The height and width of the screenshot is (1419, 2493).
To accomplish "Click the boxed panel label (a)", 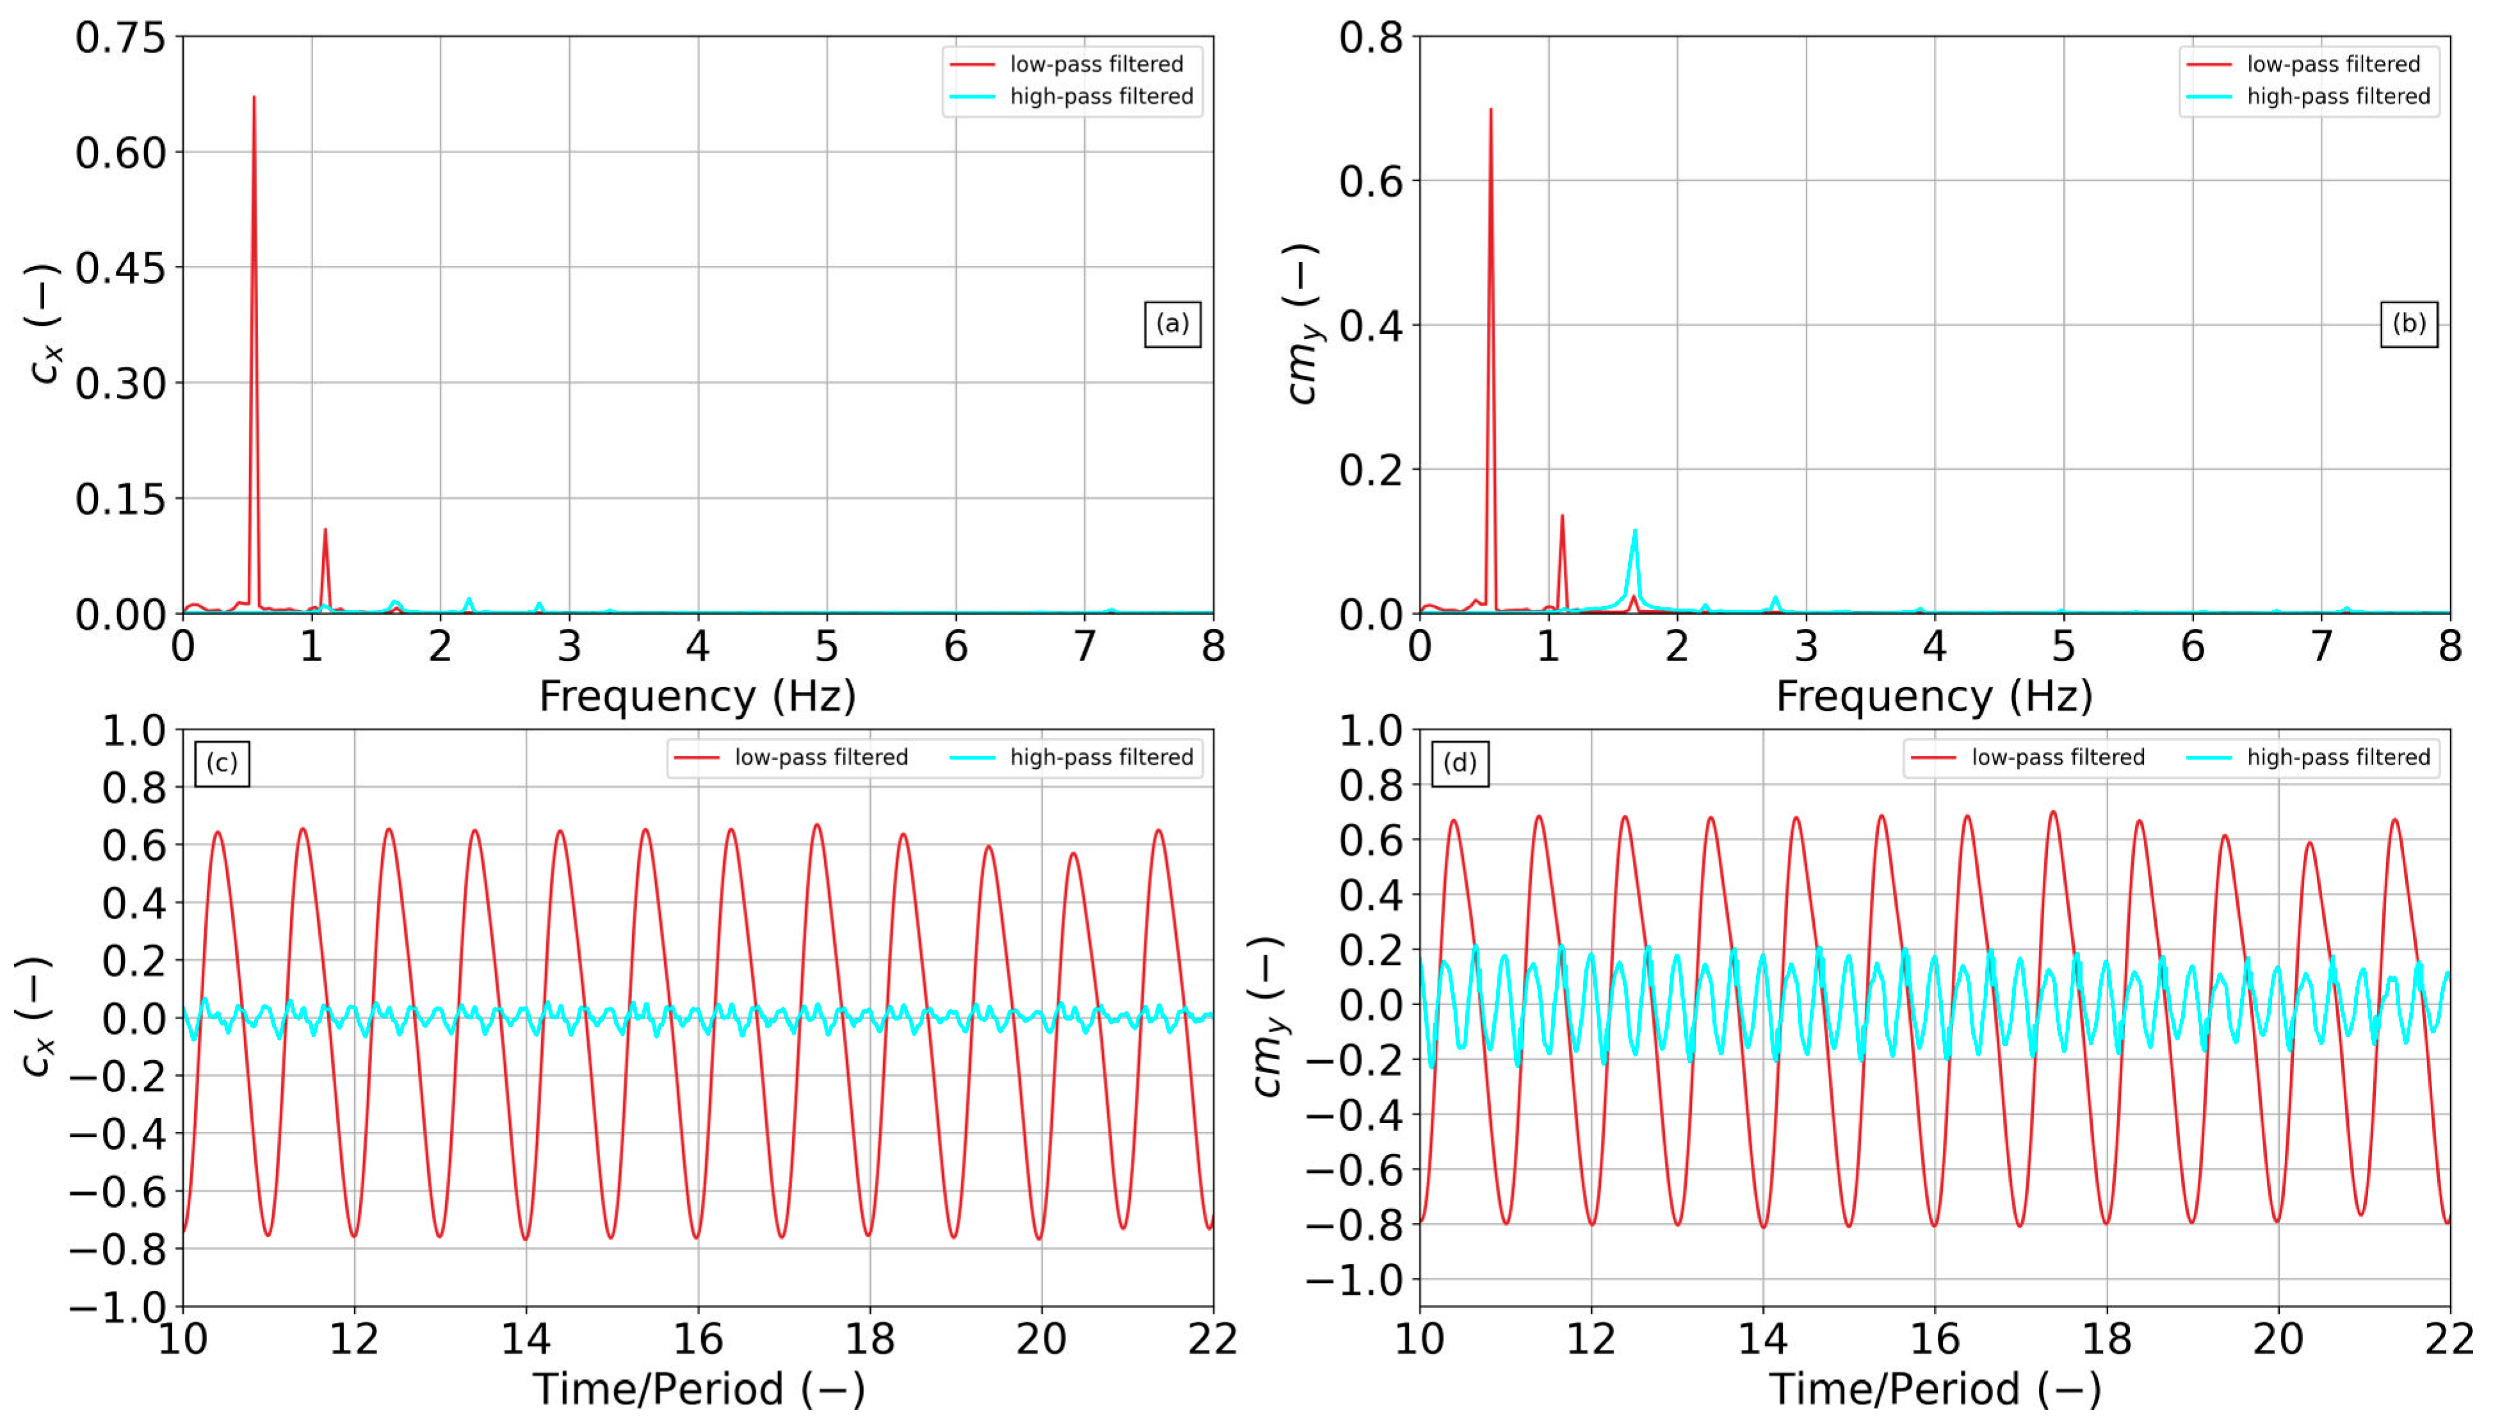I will coord(1172,324).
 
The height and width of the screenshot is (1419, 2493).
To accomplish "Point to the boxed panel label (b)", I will coord(2408,324).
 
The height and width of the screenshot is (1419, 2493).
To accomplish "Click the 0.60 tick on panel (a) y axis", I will coord(121,153).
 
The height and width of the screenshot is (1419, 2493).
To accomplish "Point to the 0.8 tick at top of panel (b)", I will coord(1370,38).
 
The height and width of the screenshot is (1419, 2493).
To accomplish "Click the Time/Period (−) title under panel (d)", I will coord(1934,1389).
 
